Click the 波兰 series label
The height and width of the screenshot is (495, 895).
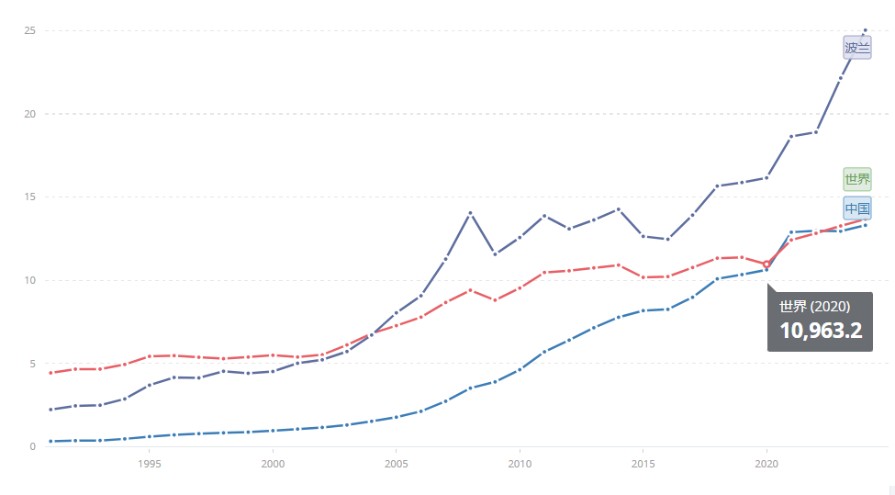856,49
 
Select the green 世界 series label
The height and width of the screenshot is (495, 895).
856,179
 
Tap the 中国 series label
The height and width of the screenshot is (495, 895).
856,208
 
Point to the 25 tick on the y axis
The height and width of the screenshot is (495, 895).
29,30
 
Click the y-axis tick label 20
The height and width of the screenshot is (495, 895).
29,114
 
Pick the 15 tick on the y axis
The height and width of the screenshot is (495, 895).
29,197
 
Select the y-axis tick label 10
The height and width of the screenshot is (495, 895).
29,280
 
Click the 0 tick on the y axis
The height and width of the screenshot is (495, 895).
32,446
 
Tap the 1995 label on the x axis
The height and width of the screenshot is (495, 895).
149,464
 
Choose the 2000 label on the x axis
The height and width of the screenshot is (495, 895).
273,464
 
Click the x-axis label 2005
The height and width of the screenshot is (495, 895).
396,464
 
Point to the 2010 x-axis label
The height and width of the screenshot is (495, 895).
520,464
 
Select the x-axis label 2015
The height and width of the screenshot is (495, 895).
643,464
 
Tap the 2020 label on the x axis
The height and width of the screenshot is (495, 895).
766,464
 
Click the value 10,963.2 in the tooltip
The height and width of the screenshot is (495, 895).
821,331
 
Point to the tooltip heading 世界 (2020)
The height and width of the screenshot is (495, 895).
814,306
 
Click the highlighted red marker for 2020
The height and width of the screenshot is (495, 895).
766,264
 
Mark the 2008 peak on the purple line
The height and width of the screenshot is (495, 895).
470,213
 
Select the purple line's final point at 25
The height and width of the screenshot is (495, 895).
865,30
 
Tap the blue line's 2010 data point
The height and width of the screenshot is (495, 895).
520,369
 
